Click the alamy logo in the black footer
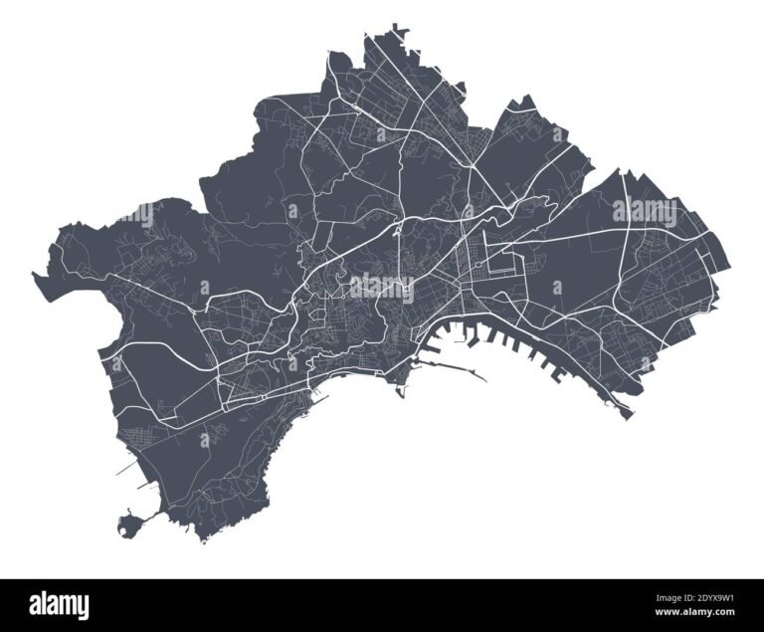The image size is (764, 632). pyautogui.click(x=59, y=604)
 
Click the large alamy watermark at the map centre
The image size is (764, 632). pyautogui.click(x=382, y=288)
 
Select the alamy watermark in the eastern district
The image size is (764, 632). pyautogui.click(x=645, y=211)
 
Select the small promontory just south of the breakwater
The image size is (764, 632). pyautogui.click(x=401, y=389)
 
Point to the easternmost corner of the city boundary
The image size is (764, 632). pyautogui.click(x=729, y=267)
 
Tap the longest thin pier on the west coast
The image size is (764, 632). pyautogui.click(x=123, y=467)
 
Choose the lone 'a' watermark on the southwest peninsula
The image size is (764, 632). pyautogui.click(x=205, y=438)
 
